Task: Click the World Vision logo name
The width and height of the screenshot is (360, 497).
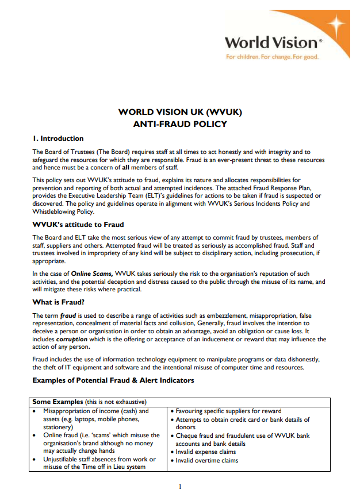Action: click(x=270, y=43)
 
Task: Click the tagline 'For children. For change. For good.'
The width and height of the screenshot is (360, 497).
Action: click(x=272, y=57)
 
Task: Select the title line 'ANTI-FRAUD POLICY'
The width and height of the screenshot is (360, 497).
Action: click(x=180, y=124)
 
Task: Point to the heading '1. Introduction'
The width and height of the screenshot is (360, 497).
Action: click(x=58, y=138)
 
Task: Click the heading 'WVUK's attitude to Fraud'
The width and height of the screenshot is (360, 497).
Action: click(x=78, y=224)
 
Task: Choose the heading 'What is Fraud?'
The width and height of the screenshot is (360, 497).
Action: click(x=59, y=302)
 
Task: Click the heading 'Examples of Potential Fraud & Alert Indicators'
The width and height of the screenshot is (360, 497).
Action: click(x=113, y=380)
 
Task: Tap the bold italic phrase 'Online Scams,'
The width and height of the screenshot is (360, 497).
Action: click(x=92, y=273)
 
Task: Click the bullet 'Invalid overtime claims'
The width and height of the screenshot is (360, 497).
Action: click(x=207, y=460)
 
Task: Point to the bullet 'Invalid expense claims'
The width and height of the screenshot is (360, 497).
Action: click(x=206, y=452)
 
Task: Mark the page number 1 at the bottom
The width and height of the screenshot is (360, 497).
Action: click(x=180, y=487)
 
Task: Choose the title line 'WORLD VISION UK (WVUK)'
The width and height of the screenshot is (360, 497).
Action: click(x=180, y=112)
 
